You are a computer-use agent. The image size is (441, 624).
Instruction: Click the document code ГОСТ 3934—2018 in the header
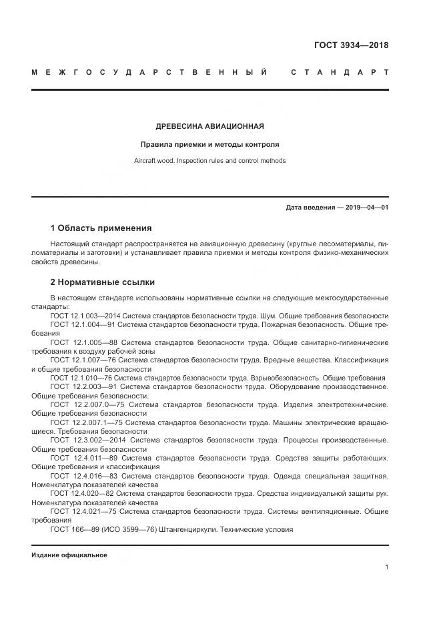click(351, 46)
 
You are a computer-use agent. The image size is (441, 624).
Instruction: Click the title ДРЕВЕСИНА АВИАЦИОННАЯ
click(209, 126)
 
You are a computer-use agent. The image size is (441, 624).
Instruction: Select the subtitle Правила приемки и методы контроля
click(209, 144)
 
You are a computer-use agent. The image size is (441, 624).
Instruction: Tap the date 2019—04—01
click(365, 207)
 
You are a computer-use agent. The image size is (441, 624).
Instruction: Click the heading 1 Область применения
click(101, 228)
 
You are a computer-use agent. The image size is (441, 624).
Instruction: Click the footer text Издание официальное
click(69, 555)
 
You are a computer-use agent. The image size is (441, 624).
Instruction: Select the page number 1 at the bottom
click(386, 567)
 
